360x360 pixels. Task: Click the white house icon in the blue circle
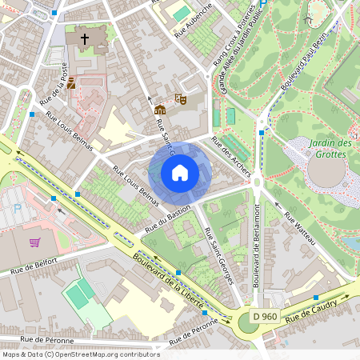180,172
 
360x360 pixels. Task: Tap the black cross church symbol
83,38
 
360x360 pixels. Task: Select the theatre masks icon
181,100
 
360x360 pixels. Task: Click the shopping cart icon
34,242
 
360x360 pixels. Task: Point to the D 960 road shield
264,317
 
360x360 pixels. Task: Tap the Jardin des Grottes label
329,148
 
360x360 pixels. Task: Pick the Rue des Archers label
230,157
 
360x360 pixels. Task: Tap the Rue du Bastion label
168,219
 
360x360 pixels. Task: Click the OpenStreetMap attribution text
80,354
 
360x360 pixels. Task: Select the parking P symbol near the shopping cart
18,208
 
